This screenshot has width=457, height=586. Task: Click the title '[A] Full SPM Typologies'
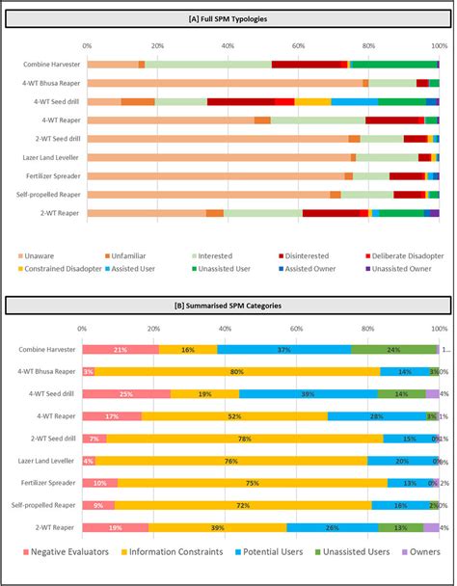228,20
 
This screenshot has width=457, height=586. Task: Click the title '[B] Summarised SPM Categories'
228,306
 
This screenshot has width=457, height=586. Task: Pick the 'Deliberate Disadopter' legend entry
403,255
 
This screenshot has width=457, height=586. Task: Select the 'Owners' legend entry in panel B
421,551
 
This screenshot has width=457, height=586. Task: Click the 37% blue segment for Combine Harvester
284,349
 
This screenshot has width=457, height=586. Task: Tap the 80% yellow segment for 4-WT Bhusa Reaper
237,371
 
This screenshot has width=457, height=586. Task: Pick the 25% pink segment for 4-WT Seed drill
126,393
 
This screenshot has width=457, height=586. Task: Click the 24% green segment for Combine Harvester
393,349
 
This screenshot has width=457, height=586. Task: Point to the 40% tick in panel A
228,45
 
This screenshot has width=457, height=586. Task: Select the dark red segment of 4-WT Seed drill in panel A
241,101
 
